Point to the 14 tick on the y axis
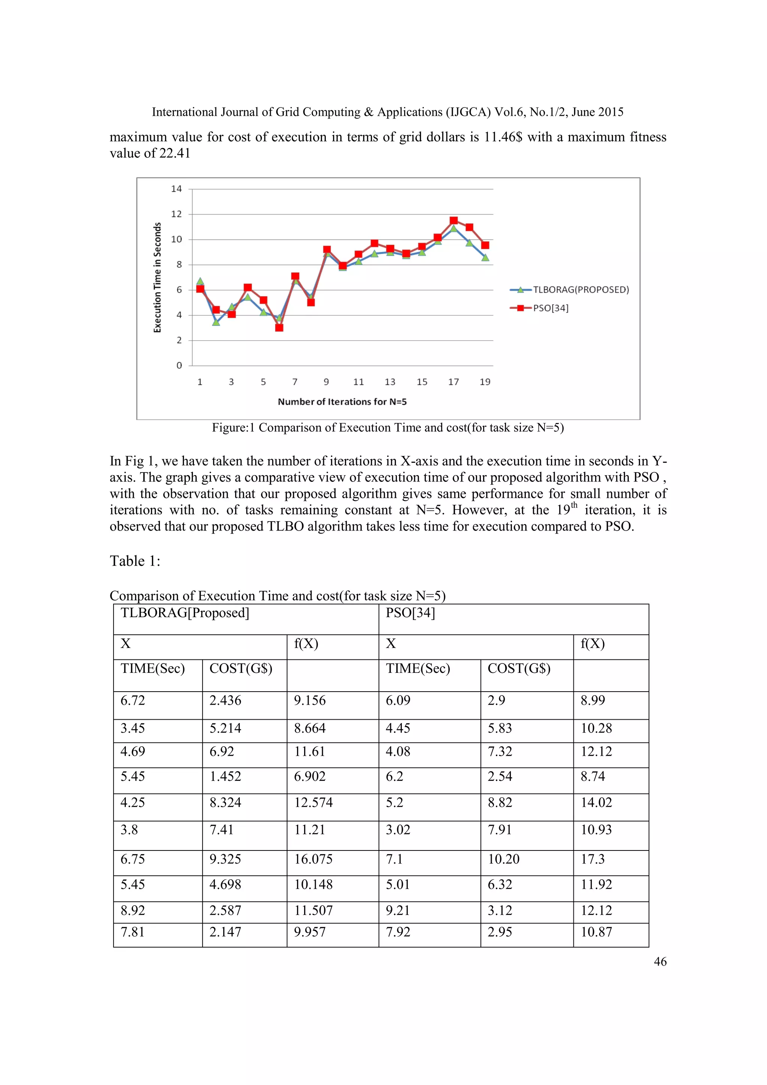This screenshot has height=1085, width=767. (x=176, y=189)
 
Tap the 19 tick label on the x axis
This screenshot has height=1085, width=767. (x=485, y=382)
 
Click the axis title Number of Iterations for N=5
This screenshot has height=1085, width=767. (x=342, y=402)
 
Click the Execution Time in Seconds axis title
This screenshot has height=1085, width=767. (x=158, y=277)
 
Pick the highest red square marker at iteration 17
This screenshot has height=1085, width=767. (x=454, y=221)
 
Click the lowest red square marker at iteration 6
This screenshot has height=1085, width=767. (x=279, y=327)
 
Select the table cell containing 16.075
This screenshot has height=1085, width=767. (x=313, y=859)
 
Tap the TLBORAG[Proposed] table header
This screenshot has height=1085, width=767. (x=185, y=613)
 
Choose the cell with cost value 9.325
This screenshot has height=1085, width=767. (x=225, y=859)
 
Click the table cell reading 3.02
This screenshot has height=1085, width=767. (x=398, y=829)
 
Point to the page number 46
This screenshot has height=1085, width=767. (x=660, y=961)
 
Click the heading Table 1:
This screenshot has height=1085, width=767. (x=135, y=561)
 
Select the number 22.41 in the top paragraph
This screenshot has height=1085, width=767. (x=174, y=154)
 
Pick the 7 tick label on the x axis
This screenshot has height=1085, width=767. (x=295, y=382)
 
